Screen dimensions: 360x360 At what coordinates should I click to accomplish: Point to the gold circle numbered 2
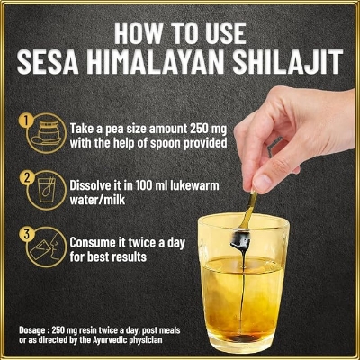27,176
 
